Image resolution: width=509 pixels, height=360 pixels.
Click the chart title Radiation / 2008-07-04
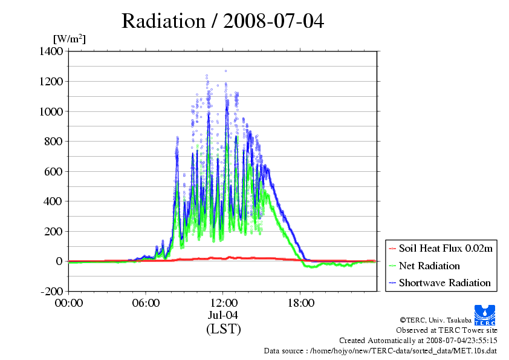222,21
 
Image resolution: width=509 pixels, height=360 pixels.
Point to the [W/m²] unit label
70,39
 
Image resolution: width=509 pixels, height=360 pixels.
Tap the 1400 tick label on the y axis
51,51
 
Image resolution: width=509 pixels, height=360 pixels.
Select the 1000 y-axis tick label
51,111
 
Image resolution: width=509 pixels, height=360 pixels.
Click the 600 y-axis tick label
54,172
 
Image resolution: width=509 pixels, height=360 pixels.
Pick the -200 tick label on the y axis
52,291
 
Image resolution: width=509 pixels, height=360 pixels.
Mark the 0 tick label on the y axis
59,261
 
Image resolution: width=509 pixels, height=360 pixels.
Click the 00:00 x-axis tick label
69,303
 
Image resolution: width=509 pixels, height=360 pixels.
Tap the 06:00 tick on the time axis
146,303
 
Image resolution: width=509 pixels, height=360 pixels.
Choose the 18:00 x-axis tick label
300,303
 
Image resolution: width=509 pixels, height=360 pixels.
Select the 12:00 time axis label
223,303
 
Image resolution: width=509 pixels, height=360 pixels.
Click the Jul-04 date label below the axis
223,315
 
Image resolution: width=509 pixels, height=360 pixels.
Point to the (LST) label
223,329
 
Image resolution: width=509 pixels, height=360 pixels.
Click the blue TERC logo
485,315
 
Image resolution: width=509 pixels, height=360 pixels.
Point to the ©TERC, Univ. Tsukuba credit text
436,320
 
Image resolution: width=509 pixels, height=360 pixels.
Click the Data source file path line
380,351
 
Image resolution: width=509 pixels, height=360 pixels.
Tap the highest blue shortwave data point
226,71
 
